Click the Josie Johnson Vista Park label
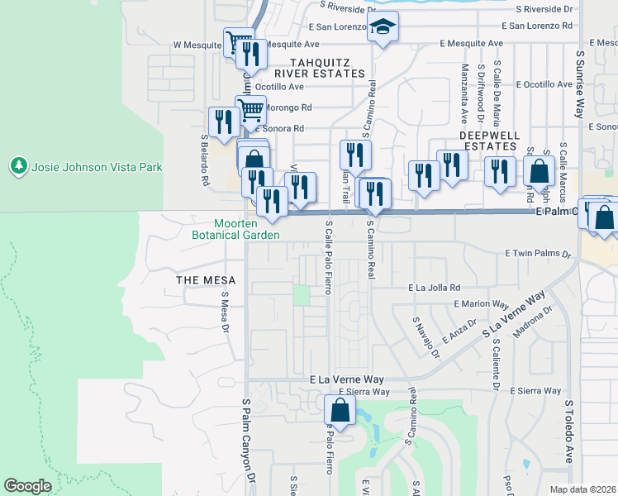coord(97,167)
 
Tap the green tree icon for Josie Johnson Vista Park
coord(19,166)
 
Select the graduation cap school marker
coord(383,29)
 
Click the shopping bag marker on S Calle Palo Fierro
coord(340,409)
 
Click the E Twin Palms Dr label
coord(538,254)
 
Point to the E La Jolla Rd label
coord(434,288)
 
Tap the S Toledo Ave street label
coord(568,432)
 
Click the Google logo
coord(27,486)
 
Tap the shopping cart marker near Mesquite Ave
coord(239,41)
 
